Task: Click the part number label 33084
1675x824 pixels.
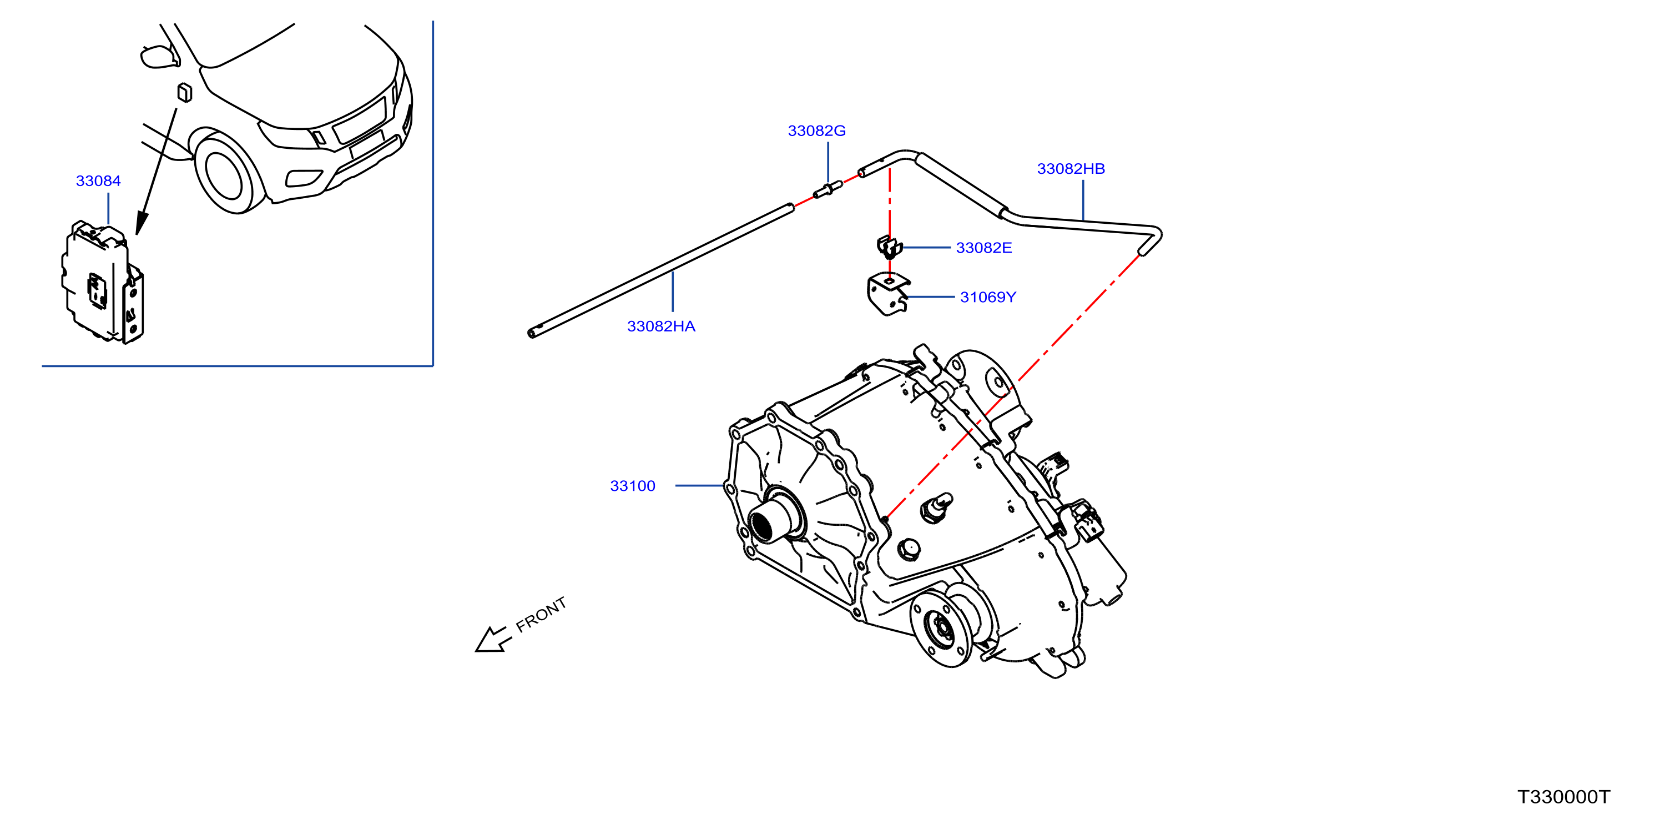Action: click(x=98, y=181)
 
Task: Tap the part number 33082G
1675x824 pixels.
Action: click(x=817, y=130)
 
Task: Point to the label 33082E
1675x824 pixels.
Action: click(x=984, y=248)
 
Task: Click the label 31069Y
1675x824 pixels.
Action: click(x=988, y=297)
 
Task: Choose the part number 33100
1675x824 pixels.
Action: click(x=633, y=486)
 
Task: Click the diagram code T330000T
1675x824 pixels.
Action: click(x=1564, y=797)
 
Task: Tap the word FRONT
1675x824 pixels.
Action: click(x=541, y=615)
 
